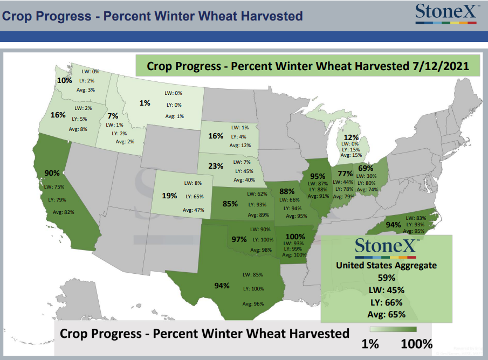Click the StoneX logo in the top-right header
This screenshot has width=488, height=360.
click(x=446, y=13)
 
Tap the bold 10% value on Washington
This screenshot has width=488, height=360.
click(x=64, y=80)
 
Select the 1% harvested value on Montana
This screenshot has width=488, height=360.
click(x=145, y=103)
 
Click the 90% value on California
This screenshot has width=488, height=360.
click(x=52, y=173)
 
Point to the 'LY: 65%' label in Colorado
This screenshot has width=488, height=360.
click(x=195, y=197)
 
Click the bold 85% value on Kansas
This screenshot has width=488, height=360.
click(x=230, y=204)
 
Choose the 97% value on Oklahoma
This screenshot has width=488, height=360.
click(x=239, y=239)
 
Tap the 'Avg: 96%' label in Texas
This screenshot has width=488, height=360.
click(x=253, y=303)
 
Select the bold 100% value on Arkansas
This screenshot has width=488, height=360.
click(x=295, y=237)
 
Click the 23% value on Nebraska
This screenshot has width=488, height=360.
click(x=216, y=166)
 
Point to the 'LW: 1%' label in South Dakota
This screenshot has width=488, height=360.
click(x=240, y=128)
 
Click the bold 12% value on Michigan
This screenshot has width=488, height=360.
click(x=351, y=137)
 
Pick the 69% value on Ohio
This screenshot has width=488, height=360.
click(x=366, y=168)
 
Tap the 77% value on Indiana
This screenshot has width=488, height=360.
click(x=345, y=174)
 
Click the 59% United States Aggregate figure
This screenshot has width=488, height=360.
click(x=387, y=278)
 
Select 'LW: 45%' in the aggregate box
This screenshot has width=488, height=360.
click(x=387, y=290)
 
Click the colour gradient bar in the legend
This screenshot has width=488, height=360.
click(x=393, y=329)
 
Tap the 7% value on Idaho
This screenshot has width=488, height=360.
click(x=113, y=116)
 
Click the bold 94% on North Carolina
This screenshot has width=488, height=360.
click(x=394, y=225)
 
